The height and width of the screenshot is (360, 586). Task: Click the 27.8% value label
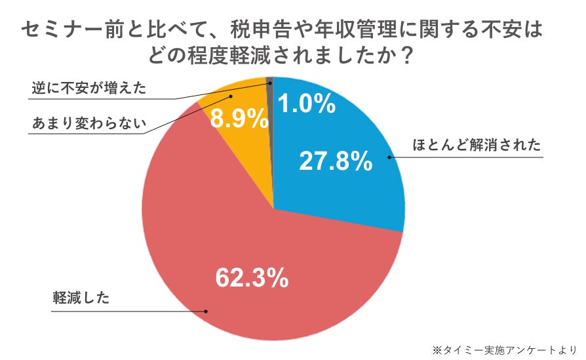[x=336, y=160]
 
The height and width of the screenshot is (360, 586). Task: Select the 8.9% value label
[x=239, y=119]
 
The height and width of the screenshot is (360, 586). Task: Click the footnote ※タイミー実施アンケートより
[x=504, y=349]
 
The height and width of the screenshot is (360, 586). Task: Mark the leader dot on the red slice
[x=206, y=311]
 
